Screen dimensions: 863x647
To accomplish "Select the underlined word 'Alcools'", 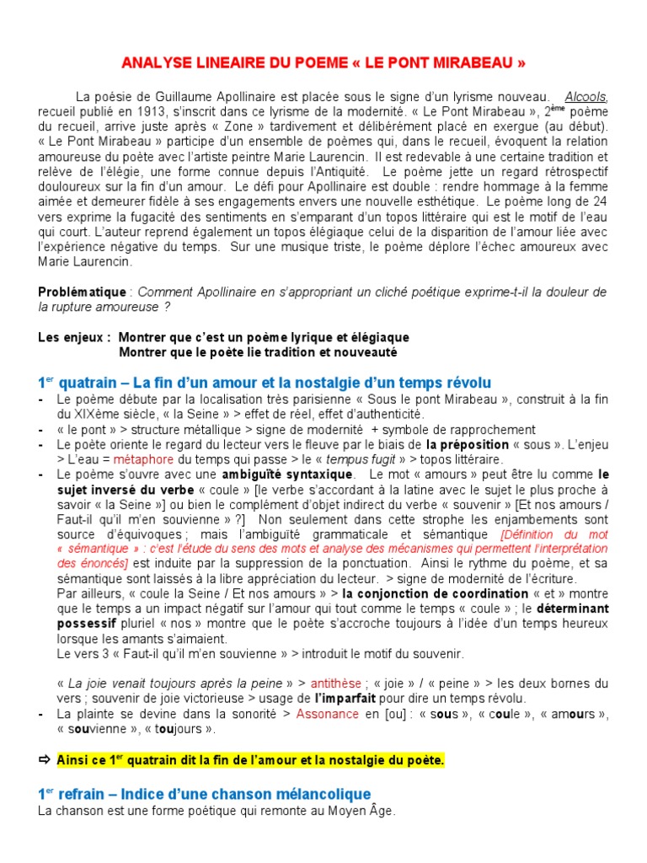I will click(x=586, y=97).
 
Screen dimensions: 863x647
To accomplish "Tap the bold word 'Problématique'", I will click(x=82, y=292).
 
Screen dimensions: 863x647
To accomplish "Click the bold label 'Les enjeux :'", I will click(x=74, y=337).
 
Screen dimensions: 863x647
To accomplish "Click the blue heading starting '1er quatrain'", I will click(x=264, y=383).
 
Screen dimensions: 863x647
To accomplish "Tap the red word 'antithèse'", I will click(x=336, y=683).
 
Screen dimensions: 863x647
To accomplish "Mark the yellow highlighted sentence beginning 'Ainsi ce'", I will click(x=250, y=760).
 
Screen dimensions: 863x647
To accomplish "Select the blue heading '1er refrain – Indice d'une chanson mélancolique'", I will click(x=204, y=794).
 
